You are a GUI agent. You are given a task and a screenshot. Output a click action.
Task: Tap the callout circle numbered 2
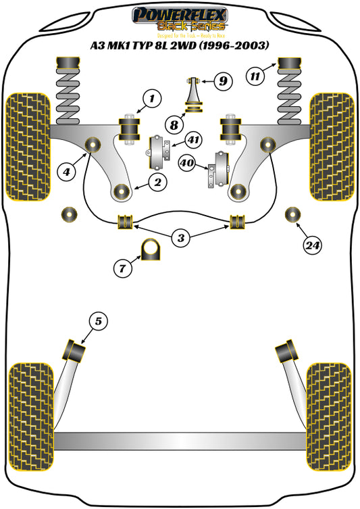click(x=157, y=181)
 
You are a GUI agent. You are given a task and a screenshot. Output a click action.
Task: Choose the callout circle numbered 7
click(x=122, y=268)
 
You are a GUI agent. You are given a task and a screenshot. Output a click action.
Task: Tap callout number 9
click(x=222, y=82)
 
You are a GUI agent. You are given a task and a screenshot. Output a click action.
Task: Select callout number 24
click(x=311, y=245)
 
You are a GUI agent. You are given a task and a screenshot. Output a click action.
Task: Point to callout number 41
click(x=194, y=141)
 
